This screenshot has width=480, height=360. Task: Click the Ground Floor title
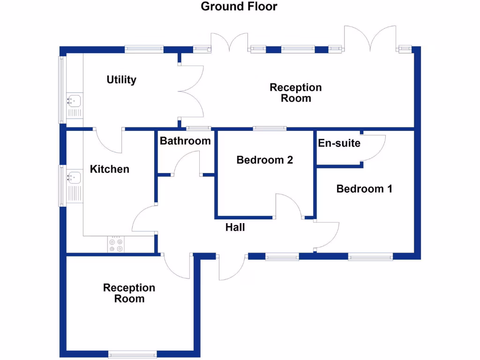[239, 7]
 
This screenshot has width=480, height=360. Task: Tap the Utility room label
[121, 80]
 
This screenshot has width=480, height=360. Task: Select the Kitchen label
[110, 169]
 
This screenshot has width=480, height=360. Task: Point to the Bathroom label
[185, 141]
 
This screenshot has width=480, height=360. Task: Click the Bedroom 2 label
[265, 160]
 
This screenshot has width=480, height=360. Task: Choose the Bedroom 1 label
[364, 189]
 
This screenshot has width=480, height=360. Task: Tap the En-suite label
[339, 143]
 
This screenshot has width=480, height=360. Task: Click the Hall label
[235, 228]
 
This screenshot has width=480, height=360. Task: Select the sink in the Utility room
[74, 100]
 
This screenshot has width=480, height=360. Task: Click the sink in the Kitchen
[74, 178]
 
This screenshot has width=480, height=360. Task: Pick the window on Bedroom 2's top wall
[270, 128]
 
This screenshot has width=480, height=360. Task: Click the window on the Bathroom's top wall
[198, 128]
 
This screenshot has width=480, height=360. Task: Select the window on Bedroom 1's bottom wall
[370, 256]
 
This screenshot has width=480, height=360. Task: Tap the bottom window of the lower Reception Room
[132, 355]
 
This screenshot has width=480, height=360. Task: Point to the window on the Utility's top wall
[144, 48]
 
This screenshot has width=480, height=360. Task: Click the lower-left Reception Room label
[129, 293]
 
